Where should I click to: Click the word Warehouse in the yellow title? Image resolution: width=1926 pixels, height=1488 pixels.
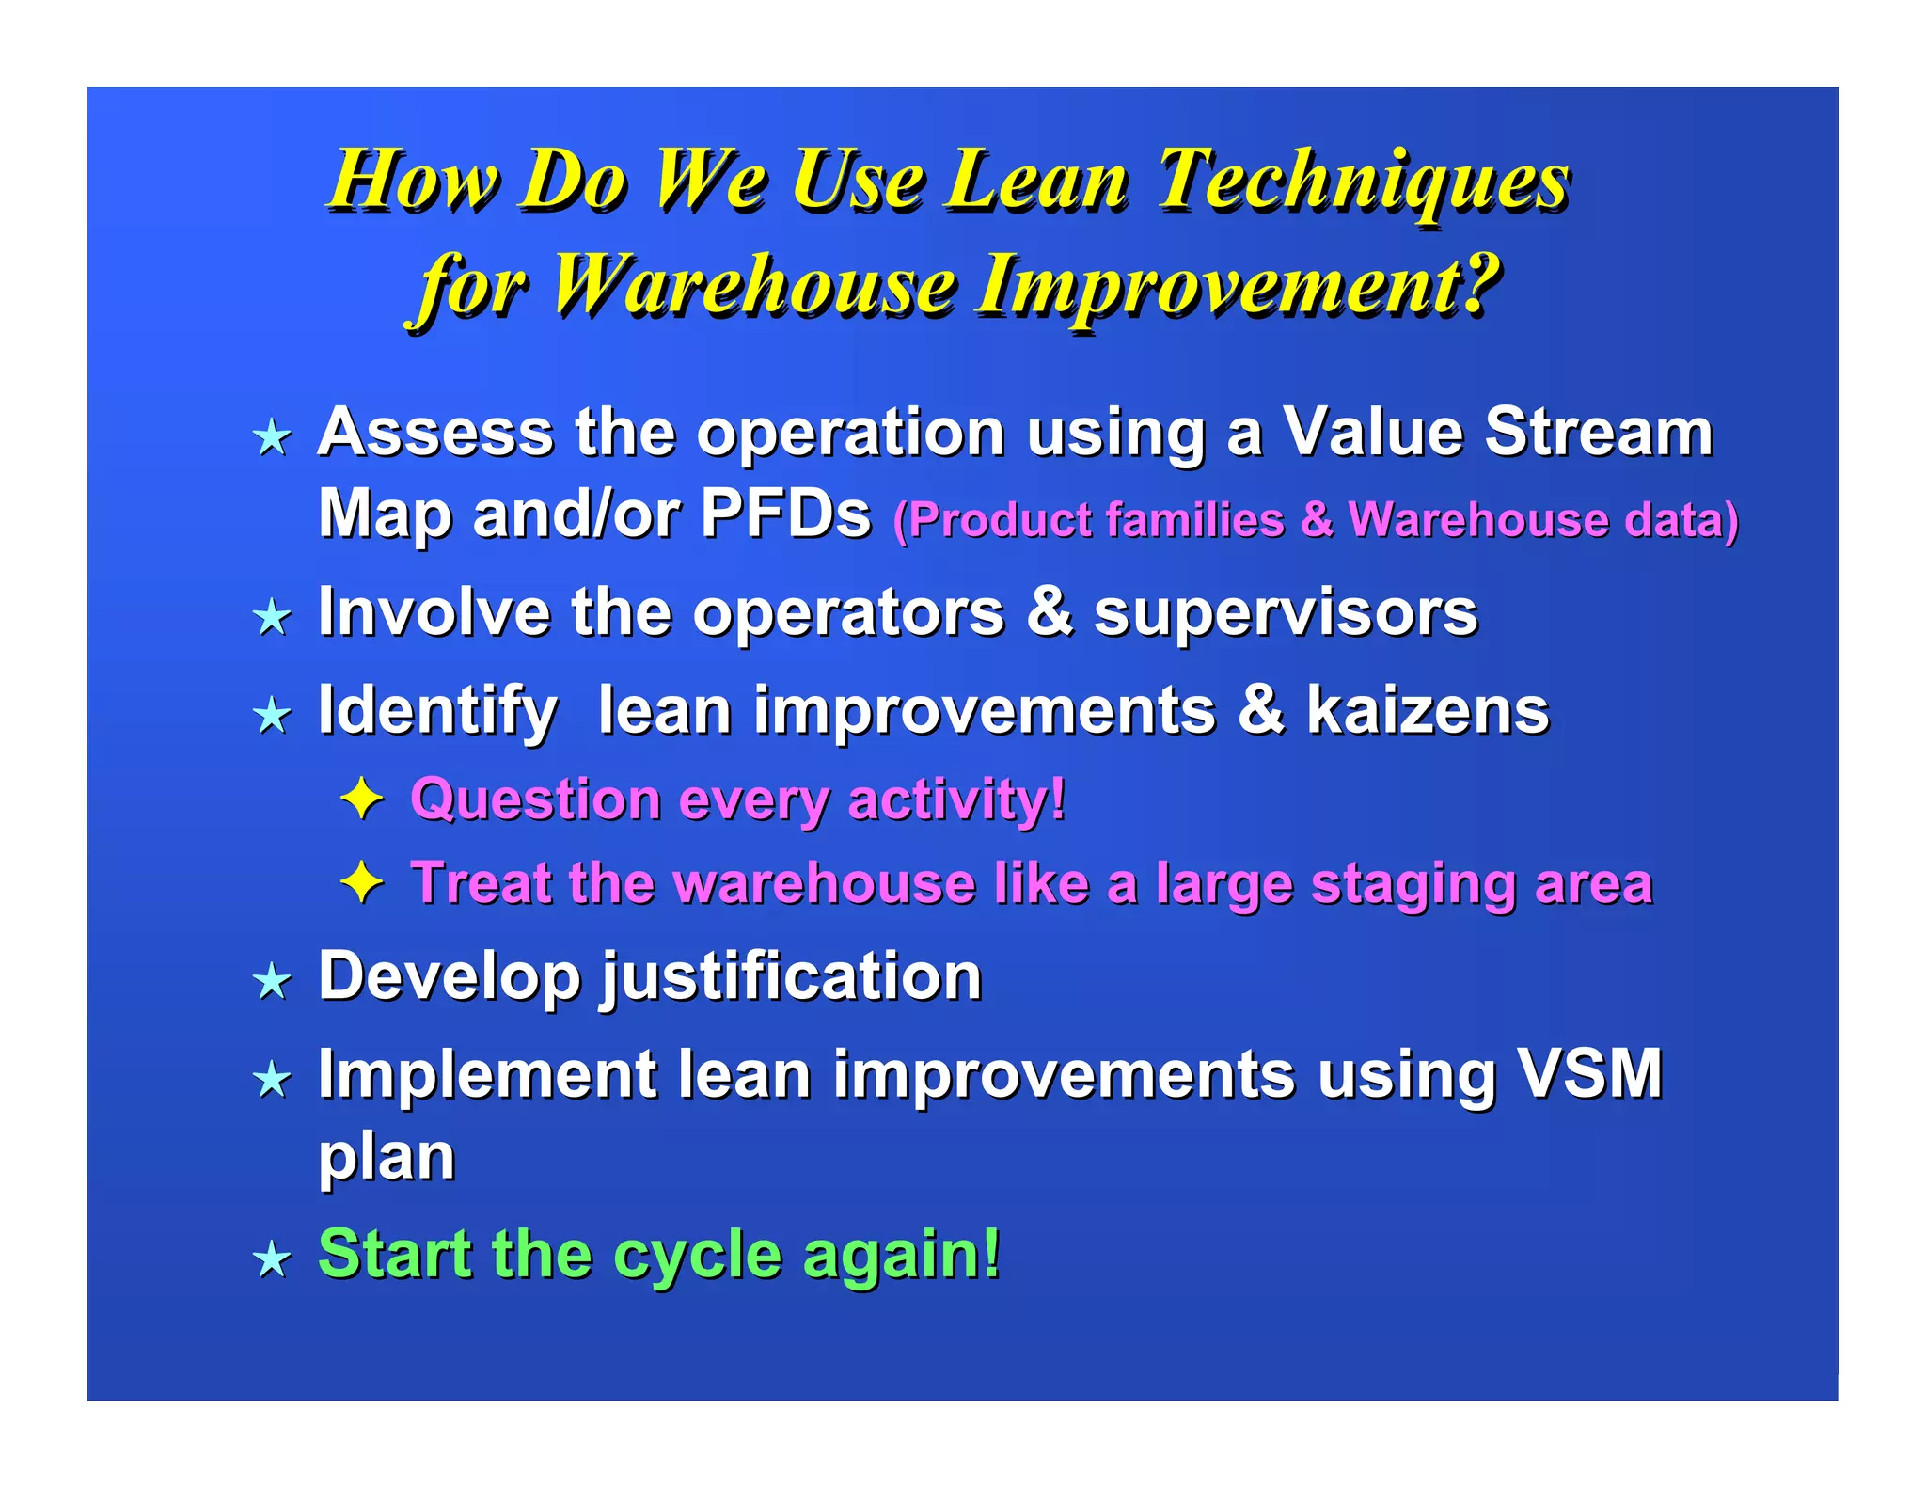point(753,284)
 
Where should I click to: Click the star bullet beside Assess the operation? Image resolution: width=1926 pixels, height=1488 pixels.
point(273,437)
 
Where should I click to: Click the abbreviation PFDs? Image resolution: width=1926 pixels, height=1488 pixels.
point(786,514)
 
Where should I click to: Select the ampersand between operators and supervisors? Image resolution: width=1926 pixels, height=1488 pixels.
point(1050,612)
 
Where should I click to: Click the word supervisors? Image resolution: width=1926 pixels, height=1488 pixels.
point(1286,614)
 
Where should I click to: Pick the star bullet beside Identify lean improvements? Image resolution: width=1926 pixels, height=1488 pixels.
point(273,716)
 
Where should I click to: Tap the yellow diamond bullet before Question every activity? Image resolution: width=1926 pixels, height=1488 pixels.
point(362,799)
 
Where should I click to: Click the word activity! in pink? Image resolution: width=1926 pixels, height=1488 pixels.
point(957,800)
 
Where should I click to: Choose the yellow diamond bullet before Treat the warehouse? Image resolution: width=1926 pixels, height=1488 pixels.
point(362,883)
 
